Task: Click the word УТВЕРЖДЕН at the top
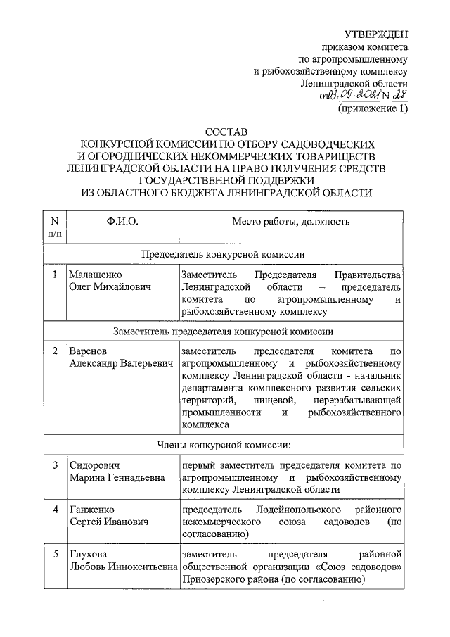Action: click(376, 35)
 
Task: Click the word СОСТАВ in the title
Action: click(226, 132)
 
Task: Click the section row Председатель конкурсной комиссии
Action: click(224, 253)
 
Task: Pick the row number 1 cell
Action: click(54, 275)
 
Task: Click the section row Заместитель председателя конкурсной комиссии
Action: click(224, 329)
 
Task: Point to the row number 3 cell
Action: click(54, 465)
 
